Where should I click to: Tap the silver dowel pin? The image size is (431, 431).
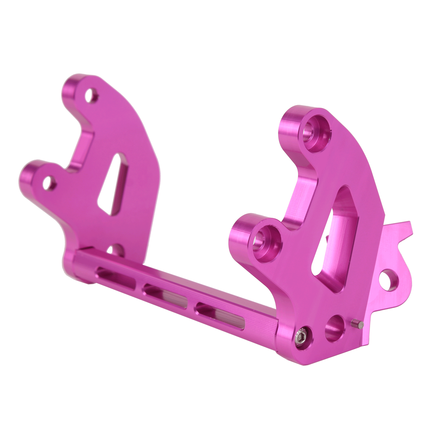click(357, 324)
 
